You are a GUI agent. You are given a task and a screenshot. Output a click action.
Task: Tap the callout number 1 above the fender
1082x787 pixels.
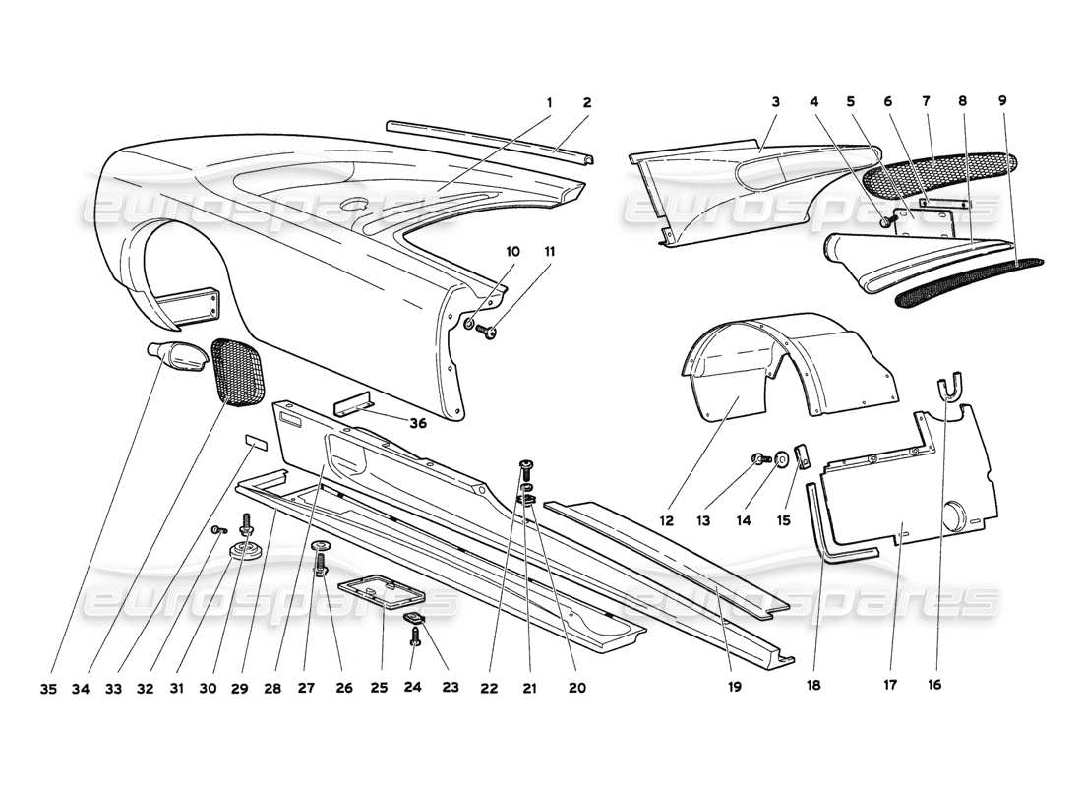click(549, 103)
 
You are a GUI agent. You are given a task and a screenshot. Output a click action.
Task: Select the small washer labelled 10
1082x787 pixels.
click(470, 322)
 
